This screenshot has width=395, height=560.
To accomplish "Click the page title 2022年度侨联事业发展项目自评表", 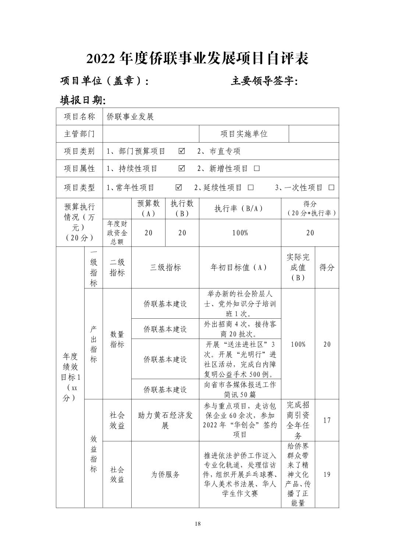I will (x=197, y=58).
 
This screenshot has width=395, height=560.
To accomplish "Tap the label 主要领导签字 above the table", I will (x=264, y=81).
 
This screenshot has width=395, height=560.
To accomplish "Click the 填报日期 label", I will (x=83, y=100).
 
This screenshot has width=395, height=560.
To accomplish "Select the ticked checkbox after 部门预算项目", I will (x=182, y=151).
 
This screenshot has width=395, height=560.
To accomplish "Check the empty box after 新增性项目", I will (x=257, y=168).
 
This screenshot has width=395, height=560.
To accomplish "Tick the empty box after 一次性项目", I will (x=331, y=188).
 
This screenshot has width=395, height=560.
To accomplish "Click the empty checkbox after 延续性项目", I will (x=250, y=188).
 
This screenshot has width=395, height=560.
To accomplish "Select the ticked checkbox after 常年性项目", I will (x=179, y=188).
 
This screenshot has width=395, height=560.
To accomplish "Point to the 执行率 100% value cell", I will (x=240, y=233).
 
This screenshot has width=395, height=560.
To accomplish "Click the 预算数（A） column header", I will (x=148, y=209).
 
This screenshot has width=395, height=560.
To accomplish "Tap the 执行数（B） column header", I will (x=182, y=209).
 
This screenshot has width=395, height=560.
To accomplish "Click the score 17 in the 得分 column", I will (x=327, y=420).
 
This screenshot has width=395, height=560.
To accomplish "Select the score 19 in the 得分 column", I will (x=327, y=475).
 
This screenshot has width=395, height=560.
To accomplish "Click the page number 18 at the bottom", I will (x=198, y=524).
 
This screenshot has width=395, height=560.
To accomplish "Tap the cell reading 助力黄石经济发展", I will (x=165, y=420).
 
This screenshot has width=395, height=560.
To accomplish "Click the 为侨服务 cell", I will (x=165, y=475).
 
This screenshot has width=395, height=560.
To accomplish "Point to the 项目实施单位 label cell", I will (x=244, y=134).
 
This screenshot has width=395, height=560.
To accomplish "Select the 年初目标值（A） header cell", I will (x=240, y=267).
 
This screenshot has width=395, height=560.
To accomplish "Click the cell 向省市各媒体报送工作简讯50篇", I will (x=240, y=389).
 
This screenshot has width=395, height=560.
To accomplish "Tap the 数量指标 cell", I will (x=117, y=339).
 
